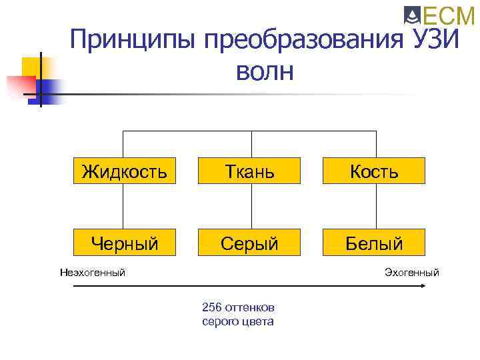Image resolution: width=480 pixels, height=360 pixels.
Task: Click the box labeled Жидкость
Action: (125, 172)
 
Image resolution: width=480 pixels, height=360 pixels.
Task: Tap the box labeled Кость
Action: (375, 172)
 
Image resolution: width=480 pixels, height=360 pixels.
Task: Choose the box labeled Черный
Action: (125, 243)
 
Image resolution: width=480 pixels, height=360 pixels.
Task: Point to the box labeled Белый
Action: (375, 243)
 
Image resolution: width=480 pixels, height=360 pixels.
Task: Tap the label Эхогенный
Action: (411, 272)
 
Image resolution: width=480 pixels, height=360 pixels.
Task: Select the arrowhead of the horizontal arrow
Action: (422, 286)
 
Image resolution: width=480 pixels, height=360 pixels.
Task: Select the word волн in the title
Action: (263, 70)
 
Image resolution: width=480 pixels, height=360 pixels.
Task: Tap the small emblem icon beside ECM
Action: (411, 15)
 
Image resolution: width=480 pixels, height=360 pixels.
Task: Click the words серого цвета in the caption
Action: (237, 321)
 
